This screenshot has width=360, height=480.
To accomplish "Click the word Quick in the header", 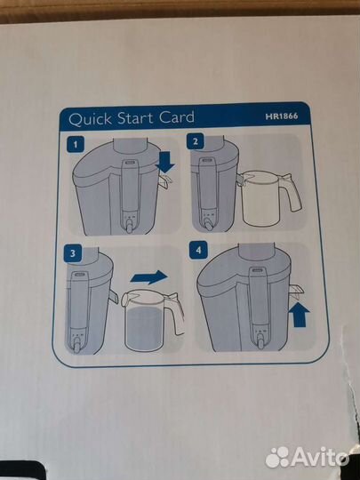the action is pyautogui.click(x=90, y=119).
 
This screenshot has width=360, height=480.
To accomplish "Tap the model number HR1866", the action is pyautogui.click(x=281, y=116).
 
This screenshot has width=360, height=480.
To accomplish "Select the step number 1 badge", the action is pyautogui.click(x=76, y=144).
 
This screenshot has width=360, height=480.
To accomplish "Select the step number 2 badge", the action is pyautogui.click(x=196, y=141).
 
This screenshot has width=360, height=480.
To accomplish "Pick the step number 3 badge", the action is pyautogui.click(x=73, y=253).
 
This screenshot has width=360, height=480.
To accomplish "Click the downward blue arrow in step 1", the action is pyautogui.click(x=165, y=163).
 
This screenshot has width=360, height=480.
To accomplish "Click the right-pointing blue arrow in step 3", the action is pyautogui.click(x=149, y=277).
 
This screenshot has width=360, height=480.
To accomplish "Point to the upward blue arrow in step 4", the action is pyautogui.click(x=299, y=315).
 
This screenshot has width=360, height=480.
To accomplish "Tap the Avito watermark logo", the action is pyautogui.click(x=307, y=458).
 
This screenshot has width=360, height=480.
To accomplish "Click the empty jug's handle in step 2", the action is pyautogui.click(x=292, y=192).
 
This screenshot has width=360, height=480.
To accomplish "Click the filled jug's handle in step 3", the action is pyautogui.click(x=176, y=313).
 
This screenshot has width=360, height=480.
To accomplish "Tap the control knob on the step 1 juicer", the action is pyautogui.click(x=130, y=228).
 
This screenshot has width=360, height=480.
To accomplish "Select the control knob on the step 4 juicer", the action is pyautogui.click(x=260, y=342).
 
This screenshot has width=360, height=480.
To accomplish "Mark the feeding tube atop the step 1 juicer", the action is pyautogui.click(x=130, y=146).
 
